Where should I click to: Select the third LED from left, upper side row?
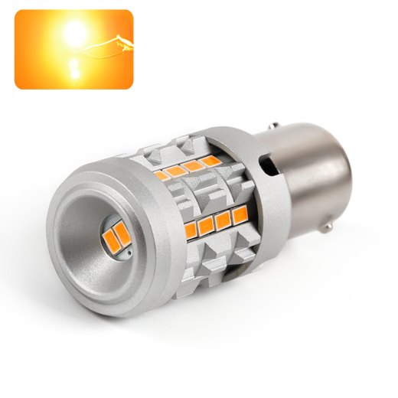click(x=192, y=165)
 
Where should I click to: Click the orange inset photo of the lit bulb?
click(x=73, y=49)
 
